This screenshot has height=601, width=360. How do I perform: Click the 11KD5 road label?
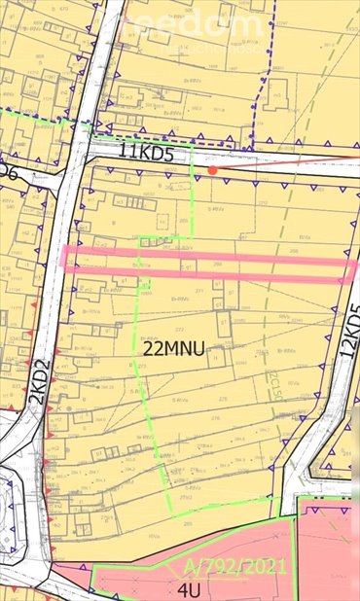click(x=150, y=153)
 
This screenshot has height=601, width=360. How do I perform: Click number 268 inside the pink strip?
click(x=218, y=262)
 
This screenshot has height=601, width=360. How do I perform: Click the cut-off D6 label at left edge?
click(x=9, y=169)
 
